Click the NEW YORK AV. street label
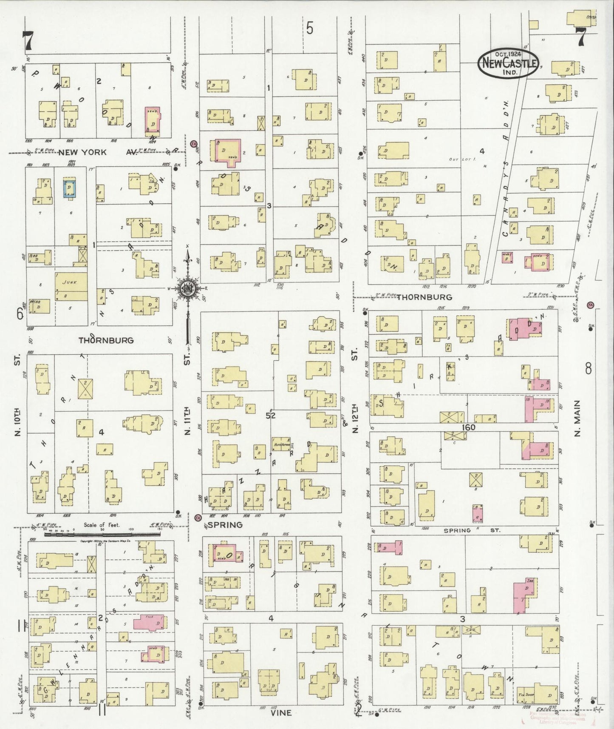(98, 152)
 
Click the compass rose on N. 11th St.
(187, 289)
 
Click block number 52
(271, 416)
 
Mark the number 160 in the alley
(466, 427)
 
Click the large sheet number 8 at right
(588, 369)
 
